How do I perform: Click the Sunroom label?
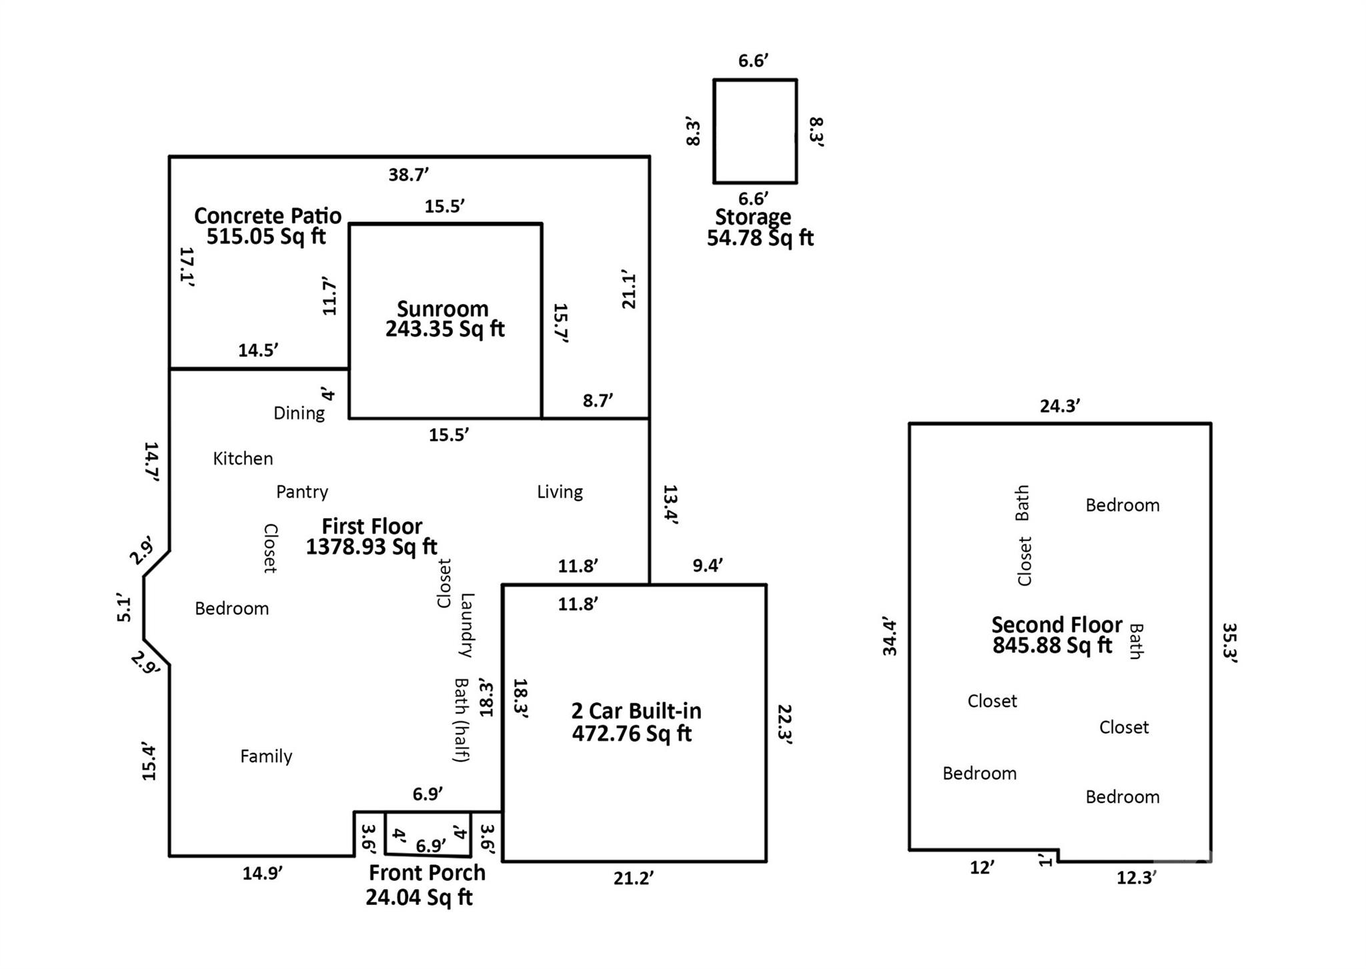coord(443,309)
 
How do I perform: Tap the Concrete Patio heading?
coord(267,215)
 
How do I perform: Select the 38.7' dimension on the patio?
coord(408,175)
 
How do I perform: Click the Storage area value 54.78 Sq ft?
coord(760,238)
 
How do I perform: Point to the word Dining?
coord(299,413)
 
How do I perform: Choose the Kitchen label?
coord(243,459)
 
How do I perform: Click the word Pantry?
coord(302,492)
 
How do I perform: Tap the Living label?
coord(560,492)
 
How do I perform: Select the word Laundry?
coord(466,625)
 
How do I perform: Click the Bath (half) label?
coord(461,720)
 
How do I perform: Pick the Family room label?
coord(266,756)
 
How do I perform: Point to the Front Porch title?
coord(427,873)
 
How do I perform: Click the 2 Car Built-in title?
coord(636,711)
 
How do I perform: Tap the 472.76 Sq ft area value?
coord(632,734)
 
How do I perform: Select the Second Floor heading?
coord(1057,625)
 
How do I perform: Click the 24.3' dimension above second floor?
coord(1060,406)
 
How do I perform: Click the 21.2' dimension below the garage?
coord(633,879)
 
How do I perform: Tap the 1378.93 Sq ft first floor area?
coord(372,547)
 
